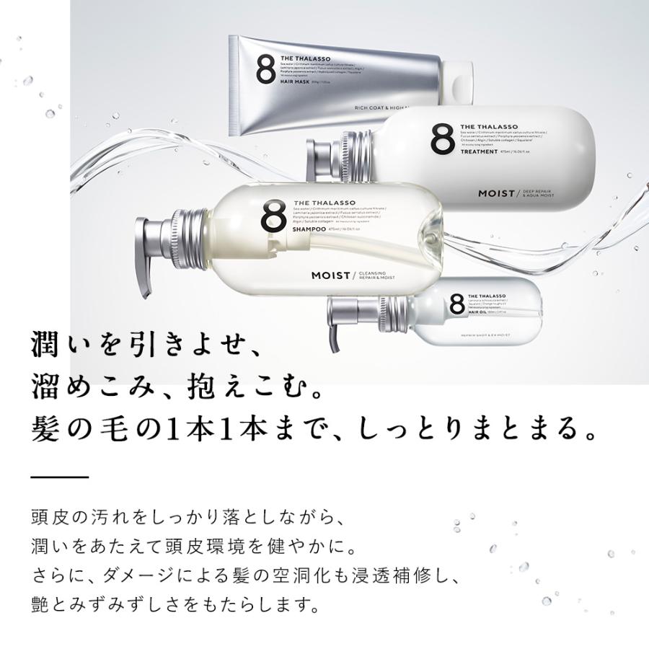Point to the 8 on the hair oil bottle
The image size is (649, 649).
click(x=456, y=304)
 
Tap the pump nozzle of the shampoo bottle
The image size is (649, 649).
click(x=144, y=260)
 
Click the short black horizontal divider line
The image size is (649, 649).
click(x=60, y=477)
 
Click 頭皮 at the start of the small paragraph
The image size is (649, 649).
click(x=50, y=518)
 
